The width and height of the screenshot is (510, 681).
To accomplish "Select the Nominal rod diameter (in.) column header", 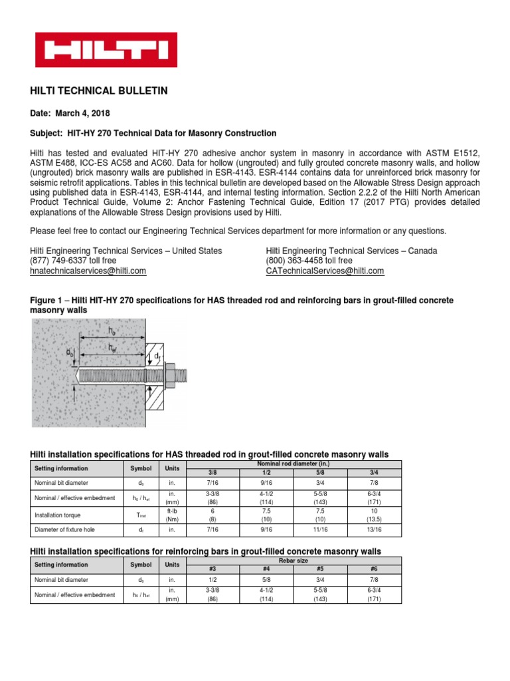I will point(294,464).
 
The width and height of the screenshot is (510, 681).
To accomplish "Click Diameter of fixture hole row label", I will point(66,531).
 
